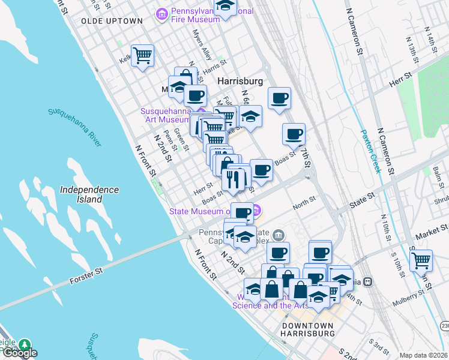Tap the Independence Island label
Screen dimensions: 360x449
[x=89, y=194]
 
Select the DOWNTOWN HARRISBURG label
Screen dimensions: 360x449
[x=308, y=329]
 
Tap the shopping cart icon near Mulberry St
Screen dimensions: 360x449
[x=421, y=260]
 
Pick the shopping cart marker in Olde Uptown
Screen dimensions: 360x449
[x=143, y=56]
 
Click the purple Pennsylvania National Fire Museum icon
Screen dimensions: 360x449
[x=161, y=14]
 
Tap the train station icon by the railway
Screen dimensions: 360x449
[x=369, y=281]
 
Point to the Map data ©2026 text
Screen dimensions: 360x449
[x=423, y=355]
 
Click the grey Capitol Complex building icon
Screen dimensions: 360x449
[x=279, y=235]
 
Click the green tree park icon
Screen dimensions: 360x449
[x=25, y=345]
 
